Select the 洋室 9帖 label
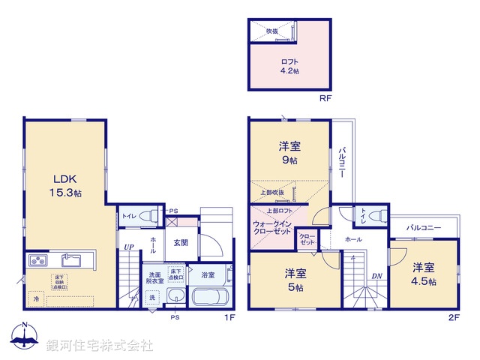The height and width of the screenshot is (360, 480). pos(289,154)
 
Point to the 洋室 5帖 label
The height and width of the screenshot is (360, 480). pos(294,279)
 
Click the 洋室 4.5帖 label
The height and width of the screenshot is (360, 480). pos(422,273)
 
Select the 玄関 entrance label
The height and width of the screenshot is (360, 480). pos(181,242)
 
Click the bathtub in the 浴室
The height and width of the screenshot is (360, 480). pos(213,296)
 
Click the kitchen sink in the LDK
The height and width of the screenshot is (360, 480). pos(72,260)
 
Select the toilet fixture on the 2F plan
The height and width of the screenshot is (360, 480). pos(376,214)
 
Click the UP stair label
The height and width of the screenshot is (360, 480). pos(129,246)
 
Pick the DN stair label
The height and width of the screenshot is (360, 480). pos(376,275)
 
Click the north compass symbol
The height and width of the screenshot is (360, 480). pos(25,337)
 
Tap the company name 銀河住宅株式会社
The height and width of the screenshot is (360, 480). pos(99,346)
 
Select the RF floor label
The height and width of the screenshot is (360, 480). pos(325,98)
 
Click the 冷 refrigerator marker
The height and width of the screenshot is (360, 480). pos(35,298)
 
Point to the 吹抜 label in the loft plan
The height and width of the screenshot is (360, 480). pos(271,31)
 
